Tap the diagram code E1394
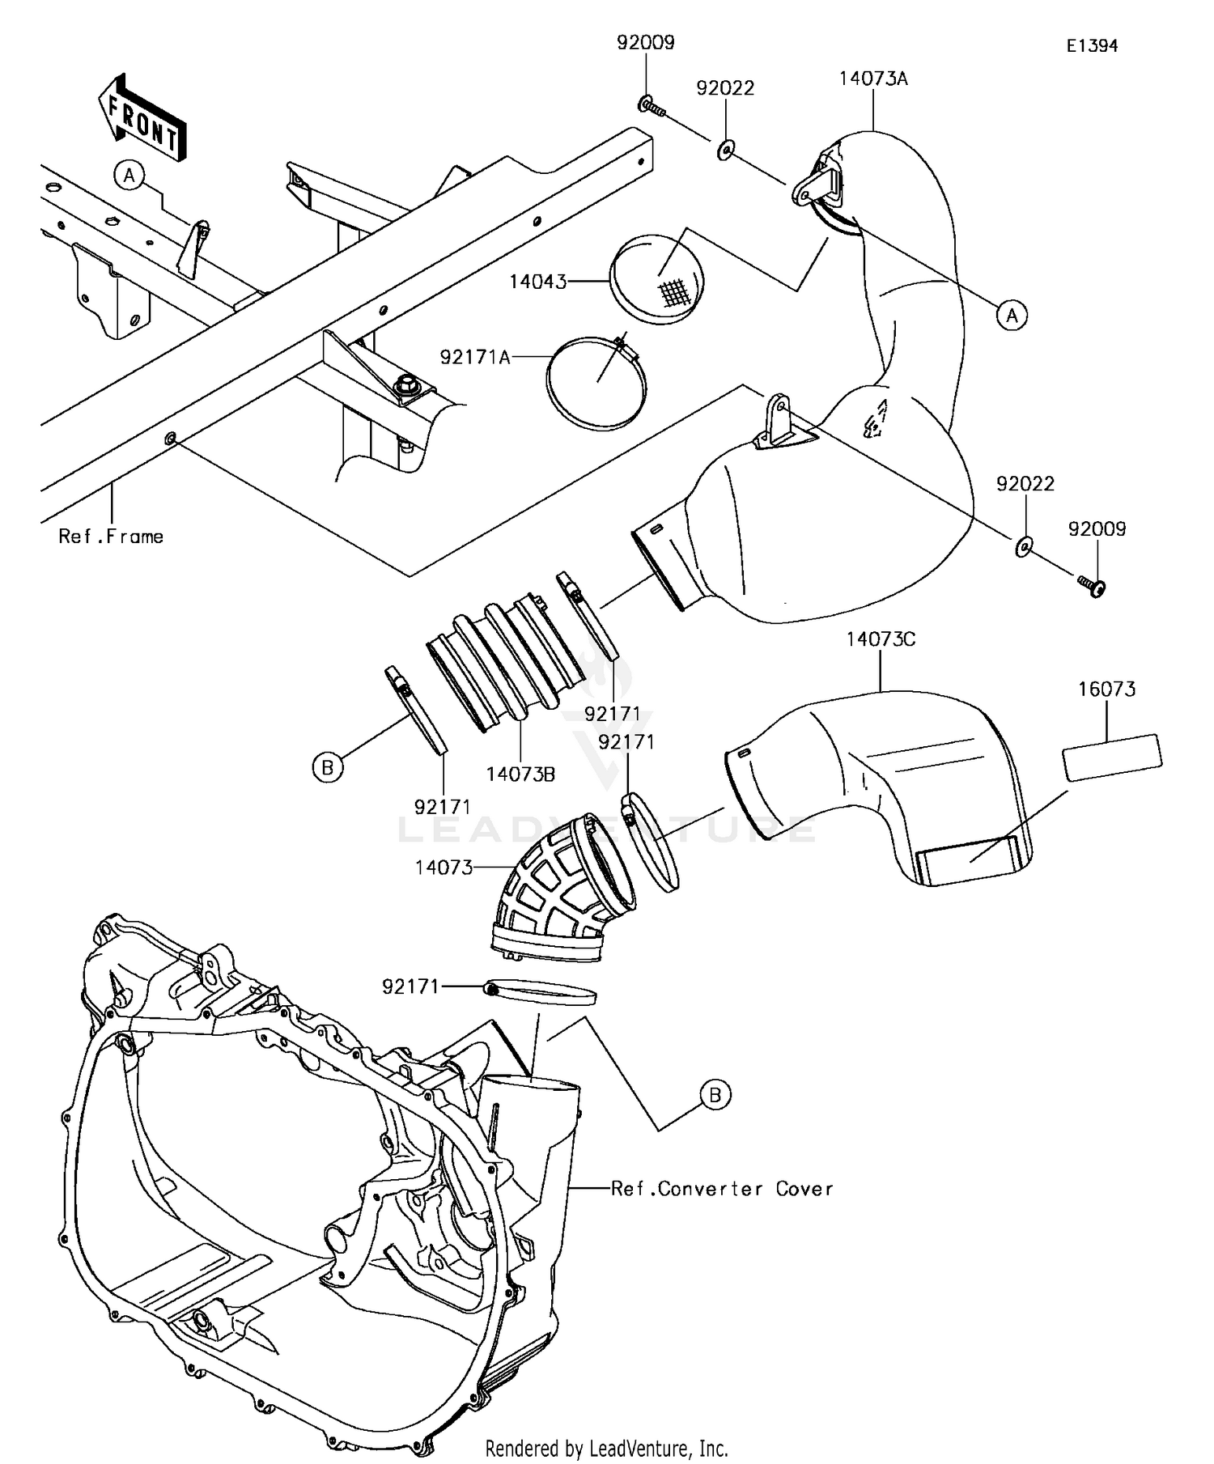tap(1091, 46)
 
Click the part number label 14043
tap(537, 282)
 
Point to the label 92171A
tap(475, 357)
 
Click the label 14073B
tap(520, 774)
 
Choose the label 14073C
tap(881, 639)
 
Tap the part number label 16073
tap(1106, 690)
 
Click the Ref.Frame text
tap(111, 537)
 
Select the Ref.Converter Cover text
tap(721, 1189)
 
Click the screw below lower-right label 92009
tap(1092, 585)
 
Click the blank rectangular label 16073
tap(1112, 757)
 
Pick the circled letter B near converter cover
tap(715, 1095)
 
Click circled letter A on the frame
tap(129, 174)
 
